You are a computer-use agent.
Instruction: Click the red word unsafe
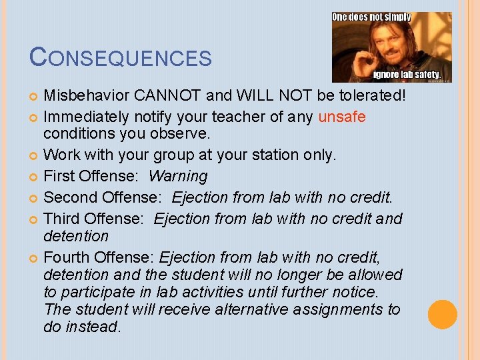(x=342, y=117)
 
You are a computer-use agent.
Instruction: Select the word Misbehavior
(x=86, y=96)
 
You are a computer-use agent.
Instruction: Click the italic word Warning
(x=178, y=177)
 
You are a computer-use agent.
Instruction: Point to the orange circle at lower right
(x=442, y=315)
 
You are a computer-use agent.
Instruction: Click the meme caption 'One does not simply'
(x=371, y=17)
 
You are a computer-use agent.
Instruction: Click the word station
(x=273, y=155)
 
